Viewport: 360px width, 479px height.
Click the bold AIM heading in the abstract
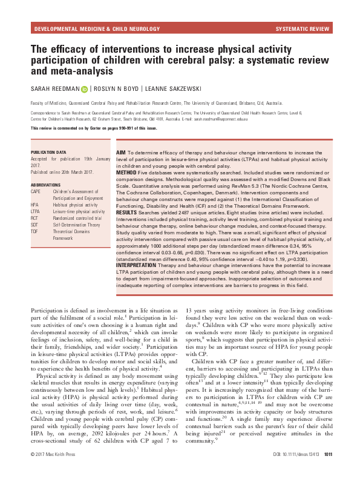click(122, 154)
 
